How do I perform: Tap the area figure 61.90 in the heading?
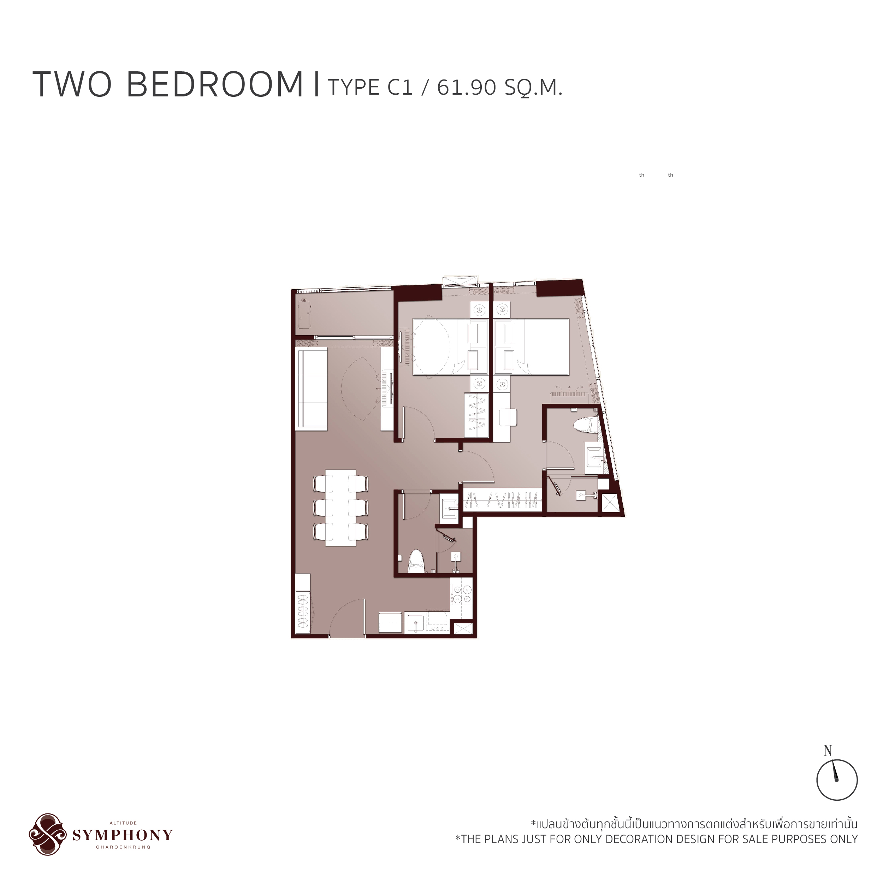(x=467, y=87)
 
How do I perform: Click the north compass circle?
(x=836, y=780)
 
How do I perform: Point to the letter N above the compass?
(x=828, y=751)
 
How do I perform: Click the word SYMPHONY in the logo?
(x=123, y=835)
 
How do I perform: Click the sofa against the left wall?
(x=312, y=389)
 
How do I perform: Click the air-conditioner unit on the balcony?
(x=304, y=314)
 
